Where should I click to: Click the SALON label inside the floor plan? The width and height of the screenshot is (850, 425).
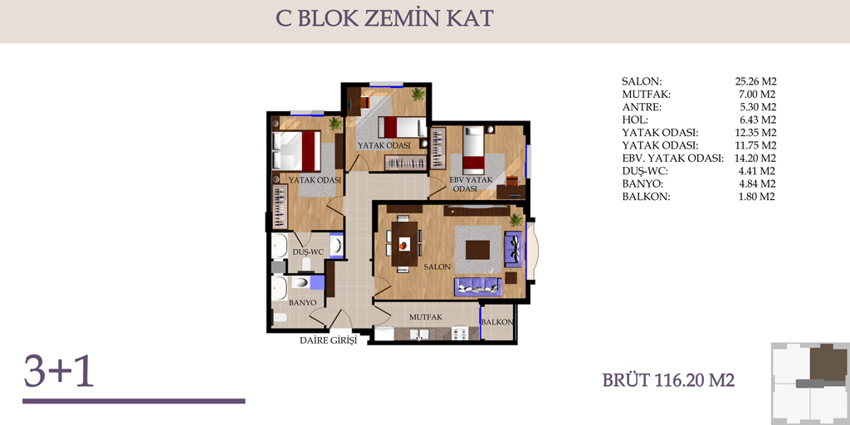pyautogui.click(x=437, y=267)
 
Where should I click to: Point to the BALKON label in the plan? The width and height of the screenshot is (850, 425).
pyautogui.click(x=497, y=322)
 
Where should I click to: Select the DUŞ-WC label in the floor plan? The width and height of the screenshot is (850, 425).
pyautogui.click(x=308, y=252)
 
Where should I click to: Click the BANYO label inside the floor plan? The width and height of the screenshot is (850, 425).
pyautogui.click(x=302, y=302)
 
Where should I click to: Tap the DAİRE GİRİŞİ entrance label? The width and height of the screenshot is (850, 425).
pyautogui.click(x=329, y=341)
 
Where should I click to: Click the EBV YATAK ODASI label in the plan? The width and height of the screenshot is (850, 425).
pyautogui.click(x=471, y=184)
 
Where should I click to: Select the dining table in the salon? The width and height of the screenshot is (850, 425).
pyautogui.click(x=404, y=243)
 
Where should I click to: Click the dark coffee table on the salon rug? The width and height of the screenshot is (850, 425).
pyautogui.click(x=477, y=250)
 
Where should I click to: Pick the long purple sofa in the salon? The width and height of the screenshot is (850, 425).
pyautogui.click(x=477, y=286)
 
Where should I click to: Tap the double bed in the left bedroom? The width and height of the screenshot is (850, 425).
pyautogui.click(x=296, y=150)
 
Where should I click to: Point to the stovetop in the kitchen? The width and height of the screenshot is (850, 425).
pyautogui.click(x=459, y=334)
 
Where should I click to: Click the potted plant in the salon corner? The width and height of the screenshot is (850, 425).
pyautogui.click(x=516, y=219)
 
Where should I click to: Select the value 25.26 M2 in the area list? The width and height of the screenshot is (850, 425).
pyautogui.click(x=755, y=82)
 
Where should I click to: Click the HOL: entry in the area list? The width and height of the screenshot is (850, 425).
pyautogui.click(x=635, y=120)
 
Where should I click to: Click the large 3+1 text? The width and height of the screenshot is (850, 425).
pyautogui.click(x=59, y=371)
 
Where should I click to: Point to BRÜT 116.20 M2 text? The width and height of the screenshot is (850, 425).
pyautogui.click(x=668, y=380)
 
